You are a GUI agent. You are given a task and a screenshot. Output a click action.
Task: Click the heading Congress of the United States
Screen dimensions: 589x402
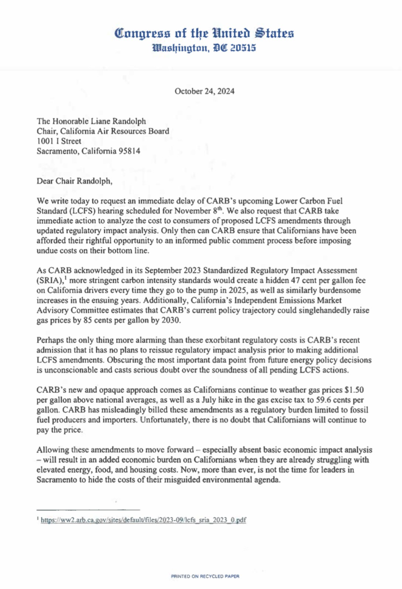coord(204,34)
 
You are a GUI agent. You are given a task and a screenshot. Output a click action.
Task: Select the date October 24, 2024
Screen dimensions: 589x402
coord(205,91)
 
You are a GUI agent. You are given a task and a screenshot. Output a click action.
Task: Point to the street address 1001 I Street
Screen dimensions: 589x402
coord(59,141)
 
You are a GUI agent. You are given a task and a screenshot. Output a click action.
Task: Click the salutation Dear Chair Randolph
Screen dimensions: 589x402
coord(74,181)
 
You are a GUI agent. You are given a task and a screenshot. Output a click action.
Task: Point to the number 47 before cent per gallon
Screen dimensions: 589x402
coord(295,280)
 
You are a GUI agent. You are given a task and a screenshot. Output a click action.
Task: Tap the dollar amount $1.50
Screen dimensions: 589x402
coord(354,390)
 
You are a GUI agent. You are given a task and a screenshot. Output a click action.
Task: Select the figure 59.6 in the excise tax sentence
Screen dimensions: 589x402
coord(324,400)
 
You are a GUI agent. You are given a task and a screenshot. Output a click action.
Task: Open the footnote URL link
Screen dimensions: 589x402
coord(143,520)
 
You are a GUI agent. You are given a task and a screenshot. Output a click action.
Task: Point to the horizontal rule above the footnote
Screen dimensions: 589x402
coord(88,510)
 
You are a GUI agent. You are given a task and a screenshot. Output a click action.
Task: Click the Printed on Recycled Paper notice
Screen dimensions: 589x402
coord(205,576)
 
